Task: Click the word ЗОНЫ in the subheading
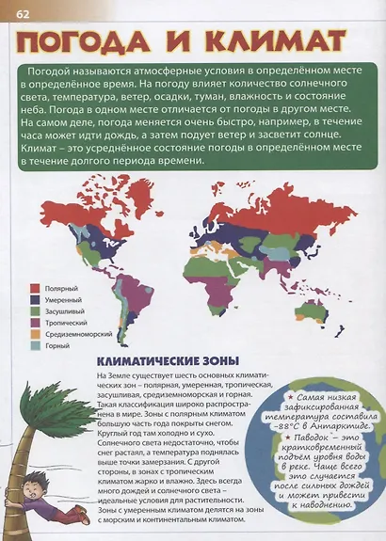(x=215, y=360)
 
